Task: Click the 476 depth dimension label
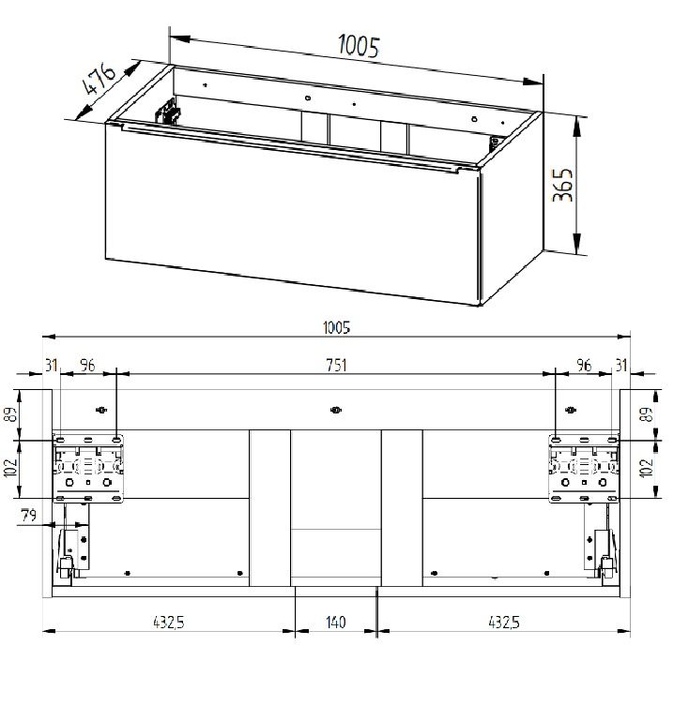(98, 79)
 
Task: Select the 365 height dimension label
(562, 185)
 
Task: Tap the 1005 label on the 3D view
(359, 46)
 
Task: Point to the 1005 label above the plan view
(336, 328)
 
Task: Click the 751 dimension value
(336, 366)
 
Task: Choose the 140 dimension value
(335, 623)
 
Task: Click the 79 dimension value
(28, 516)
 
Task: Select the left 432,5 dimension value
(168, 623)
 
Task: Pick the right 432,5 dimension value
(503, 623)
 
